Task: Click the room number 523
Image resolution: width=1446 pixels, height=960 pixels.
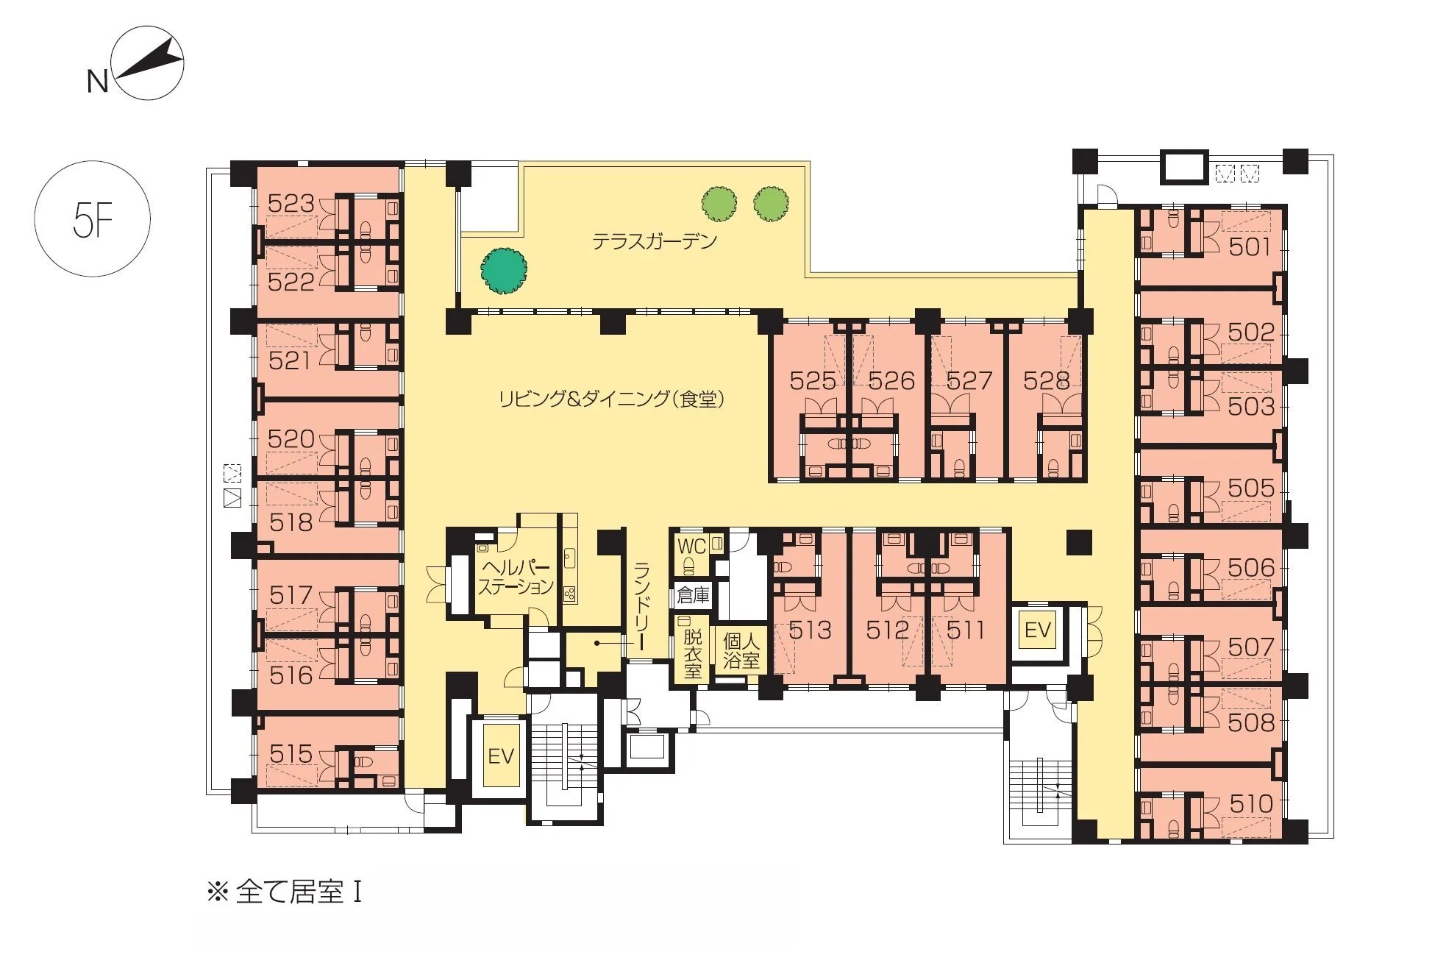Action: (291, 203)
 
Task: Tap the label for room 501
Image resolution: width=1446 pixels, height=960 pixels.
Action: (1250, 246)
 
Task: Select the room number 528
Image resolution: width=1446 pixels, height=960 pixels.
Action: (1046, 380)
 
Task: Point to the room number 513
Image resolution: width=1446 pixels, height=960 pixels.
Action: (810, 630)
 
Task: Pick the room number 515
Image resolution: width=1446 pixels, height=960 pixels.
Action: (291, 753)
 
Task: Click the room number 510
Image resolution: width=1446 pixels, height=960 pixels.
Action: (1250, 803)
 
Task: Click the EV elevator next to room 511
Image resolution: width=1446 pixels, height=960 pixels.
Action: (1038, 630)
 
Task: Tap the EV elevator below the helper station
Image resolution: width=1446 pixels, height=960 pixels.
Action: (501, 756)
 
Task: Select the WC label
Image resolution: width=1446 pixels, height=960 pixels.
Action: (691, 546)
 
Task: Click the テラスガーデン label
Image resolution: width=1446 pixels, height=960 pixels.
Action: (655, 241)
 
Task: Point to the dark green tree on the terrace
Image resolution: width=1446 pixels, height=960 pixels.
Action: (505, 271)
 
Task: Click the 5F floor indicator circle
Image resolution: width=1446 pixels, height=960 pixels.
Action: (93, 219)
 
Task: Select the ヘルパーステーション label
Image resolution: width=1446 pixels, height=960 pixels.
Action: (516, 577)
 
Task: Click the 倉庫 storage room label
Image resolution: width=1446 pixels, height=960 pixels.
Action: (693, 595)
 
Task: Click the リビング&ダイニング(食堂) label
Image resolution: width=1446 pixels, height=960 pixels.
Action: (612, 399)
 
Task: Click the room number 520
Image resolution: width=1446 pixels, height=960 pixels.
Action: (291, 439)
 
